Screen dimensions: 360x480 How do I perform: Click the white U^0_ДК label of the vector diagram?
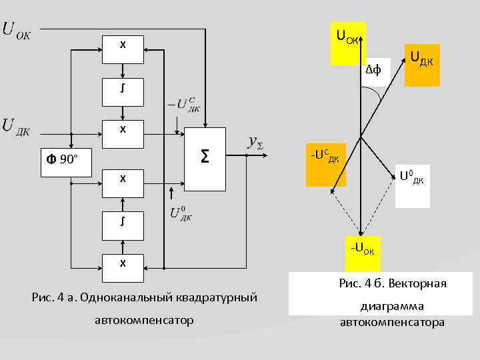411,178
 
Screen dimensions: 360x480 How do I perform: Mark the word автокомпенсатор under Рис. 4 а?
145,321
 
